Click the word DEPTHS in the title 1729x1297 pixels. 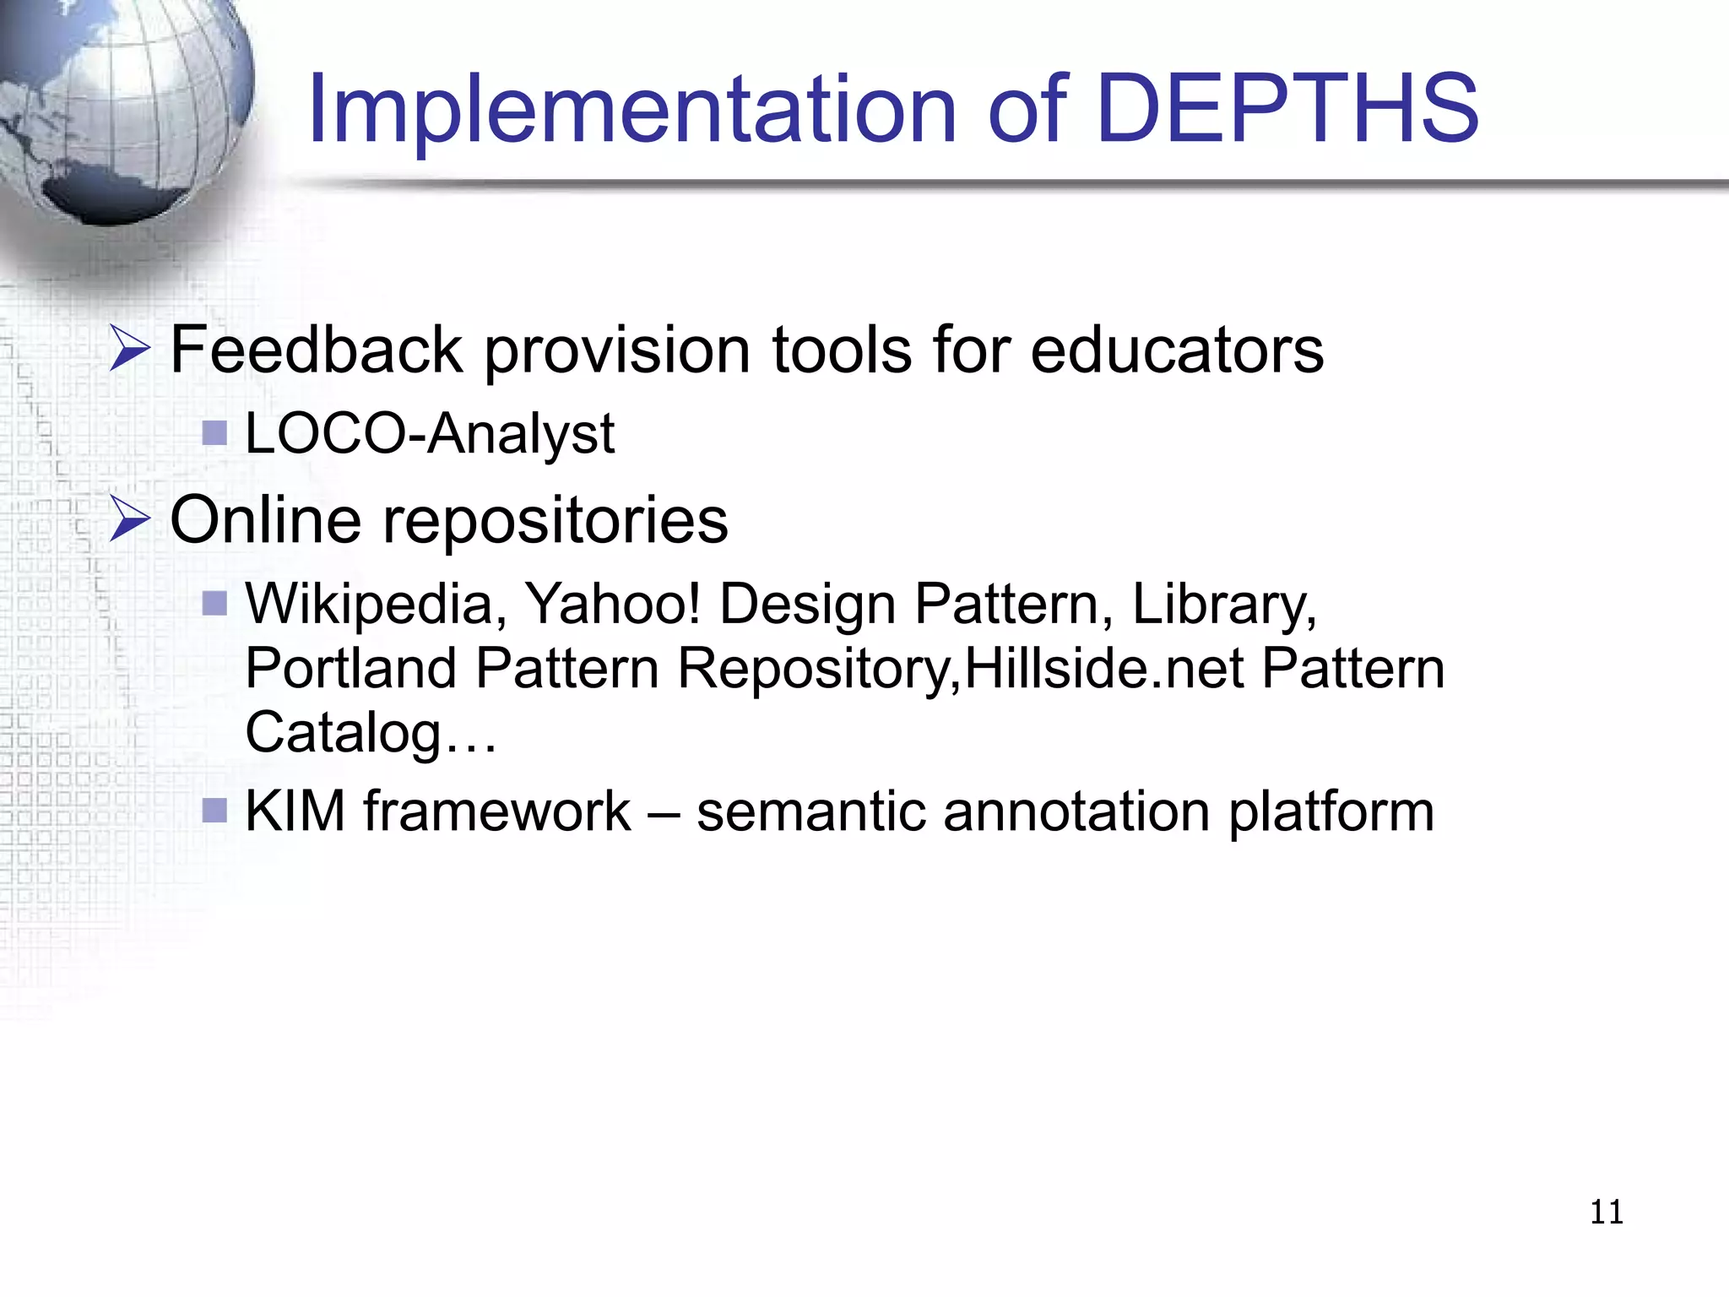[1287, 108]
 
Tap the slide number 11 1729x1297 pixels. [1606, 1213]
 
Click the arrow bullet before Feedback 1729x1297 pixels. [130, 350]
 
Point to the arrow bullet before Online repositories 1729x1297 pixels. [130, 520]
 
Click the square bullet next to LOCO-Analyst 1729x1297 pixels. [215, 434]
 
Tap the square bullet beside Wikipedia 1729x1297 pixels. [215, 604]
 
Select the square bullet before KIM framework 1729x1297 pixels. [215, 811]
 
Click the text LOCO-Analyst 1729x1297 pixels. [430, 434]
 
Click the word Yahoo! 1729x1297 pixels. [613, 605]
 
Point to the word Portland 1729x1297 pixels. [350, 669]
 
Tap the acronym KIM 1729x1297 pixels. [295, 811]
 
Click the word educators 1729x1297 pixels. [1177, 350]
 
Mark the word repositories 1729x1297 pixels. [556, 522]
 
